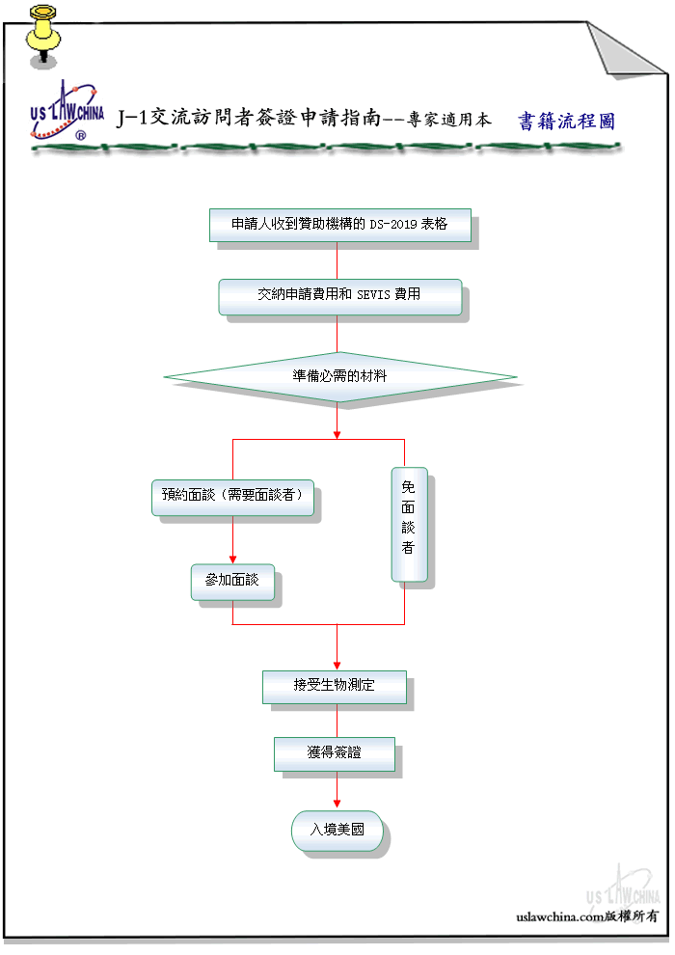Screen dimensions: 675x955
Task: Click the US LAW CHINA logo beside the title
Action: coord(67,112)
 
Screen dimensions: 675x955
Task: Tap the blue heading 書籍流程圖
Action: coord(566,121)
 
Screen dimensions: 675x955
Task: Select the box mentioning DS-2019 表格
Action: coord(340,225)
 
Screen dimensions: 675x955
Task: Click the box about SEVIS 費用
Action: coord(340,296)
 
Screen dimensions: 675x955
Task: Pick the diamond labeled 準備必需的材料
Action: coord(339,377)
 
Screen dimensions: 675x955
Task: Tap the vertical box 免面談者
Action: coord(409,525)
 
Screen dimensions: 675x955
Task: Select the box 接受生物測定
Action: coord(335,687)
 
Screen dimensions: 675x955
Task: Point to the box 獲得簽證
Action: coord(335,754)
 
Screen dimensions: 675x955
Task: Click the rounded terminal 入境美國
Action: coord(337,831)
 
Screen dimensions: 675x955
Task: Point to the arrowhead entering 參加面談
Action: coord(232,559)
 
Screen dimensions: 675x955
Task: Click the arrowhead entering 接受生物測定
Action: coord(337,666)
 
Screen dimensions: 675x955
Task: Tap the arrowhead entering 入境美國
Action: coord(337,804)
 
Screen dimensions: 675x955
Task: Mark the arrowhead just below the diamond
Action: coord(337,435)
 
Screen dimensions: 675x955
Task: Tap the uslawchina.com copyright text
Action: coord(586,916)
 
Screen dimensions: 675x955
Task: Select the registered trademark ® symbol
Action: coord(80,135)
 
